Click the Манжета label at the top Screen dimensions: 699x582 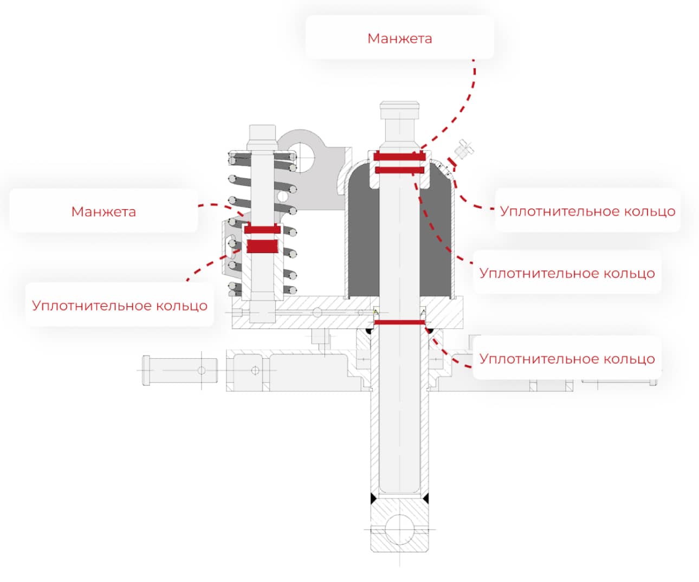(x=399, y=38)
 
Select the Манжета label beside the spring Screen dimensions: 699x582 (x=103, y=212)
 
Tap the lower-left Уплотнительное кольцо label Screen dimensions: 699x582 (x=120, y=306)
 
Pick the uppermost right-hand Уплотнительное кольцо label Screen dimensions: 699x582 (x=587, y=211)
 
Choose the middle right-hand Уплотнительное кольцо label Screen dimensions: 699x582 (x=567, y=273)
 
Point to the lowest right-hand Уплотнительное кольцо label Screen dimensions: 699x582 (x=567, y=359)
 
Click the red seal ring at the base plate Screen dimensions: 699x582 (x=399, y=322)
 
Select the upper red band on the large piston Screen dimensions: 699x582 (x=399, y=156)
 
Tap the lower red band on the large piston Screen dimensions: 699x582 (x=399, y=170)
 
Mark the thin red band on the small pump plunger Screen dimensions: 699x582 (x=262, y=229)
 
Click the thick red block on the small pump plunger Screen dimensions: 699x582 (x=262, y=246)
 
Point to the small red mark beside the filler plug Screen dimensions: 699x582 (x=451, y=162)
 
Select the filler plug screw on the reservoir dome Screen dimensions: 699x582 (x=464, y=149)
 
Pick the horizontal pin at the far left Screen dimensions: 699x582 (x=180, y=370)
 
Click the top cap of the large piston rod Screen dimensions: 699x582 (x=399, y=110)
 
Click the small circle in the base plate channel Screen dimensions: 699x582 (x=317, y=313)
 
